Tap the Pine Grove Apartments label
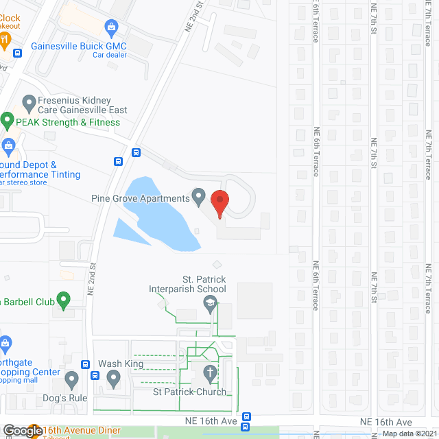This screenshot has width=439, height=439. [140, 198]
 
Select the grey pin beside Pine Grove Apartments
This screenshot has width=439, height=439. [198, 198]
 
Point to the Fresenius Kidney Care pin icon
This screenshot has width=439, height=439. [29, 104]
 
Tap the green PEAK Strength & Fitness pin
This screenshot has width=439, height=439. [8, 121]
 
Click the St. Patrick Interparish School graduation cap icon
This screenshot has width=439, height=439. [211, 303]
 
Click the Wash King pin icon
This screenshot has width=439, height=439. [114, 377]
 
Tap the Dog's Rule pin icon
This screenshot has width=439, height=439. [71, 378]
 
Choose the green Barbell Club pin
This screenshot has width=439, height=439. [63, 300]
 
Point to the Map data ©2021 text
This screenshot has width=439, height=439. [409, 434]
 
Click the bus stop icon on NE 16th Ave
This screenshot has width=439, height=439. [246, 416]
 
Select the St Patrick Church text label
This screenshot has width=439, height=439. [189, 392]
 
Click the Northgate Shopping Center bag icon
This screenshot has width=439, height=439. [6, 342]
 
